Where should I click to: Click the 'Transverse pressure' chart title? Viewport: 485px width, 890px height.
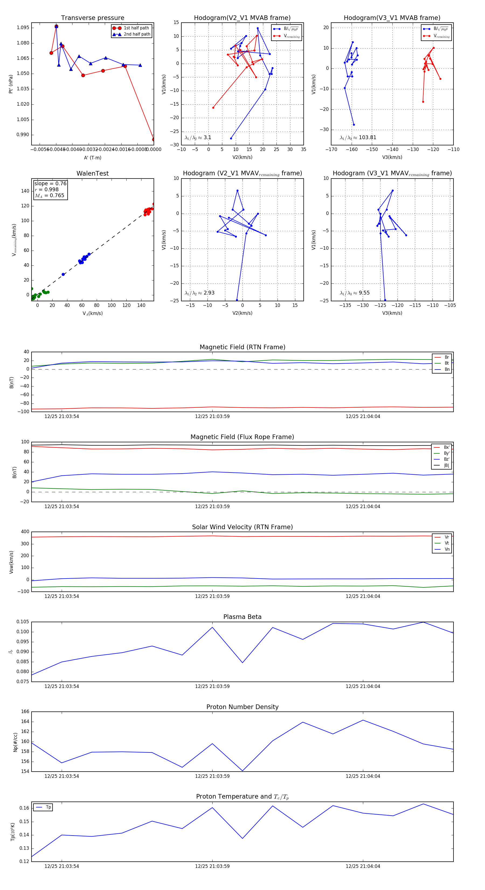click(92, 18)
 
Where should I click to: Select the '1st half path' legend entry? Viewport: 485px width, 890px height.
click(136, 28)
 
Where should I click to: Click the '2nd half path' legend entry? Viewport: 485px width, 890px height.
click(137, 34)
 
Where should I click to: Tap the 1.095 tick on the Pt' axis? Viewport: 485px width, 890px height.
click(23, 28)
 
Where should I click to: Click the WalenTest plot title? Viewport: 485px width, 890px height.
click(92, 173)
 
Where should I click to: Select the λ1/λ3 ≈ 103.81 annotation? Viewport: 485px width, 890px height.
click(358, 138)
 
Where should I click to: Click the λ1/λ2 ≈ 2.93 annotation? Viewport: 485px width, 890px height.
click(199, 293)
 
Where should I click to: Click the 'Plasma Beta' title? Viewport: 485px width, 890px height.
click(242, 617)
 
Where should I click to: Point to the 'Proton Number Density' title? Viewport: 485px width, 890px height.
click(242, 707)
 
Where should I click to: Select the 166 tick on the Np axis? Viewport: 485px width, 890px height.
click(25, 712)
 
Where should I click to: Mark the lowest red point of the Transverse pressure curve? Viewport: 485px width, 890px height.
click(153, 140)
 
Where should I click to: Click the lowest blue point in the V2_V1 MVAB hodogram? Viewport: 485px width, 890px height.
click(231, 139)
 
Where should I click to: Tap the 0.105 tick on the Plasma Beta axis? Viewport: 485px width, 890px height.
click(23, 622)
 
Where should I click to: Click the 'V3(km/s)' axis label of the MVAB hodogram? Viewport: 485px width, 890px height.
click(392, 157)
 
